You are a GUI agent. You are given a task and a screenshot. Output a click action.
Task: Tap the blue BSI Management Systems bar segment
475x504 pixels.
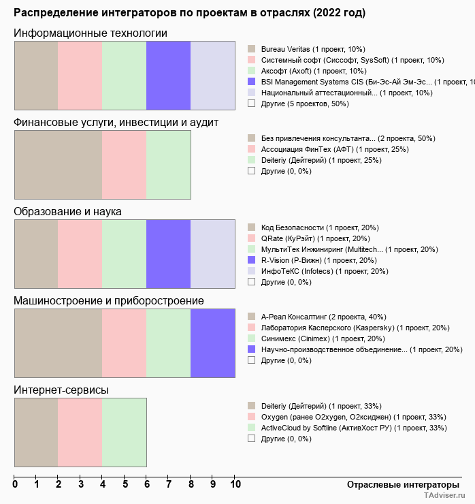(168, 76)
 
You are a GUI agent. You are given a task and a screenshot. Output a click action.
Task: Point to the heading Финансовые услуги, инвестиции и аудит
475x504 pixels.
(116, 122)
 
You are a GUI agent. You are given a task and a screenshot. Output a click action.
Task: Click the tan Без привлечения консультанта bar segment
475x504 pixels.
(58, 165)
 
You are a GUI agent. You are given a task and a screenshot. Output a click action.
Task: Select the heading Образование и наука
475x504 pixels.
(67, 211)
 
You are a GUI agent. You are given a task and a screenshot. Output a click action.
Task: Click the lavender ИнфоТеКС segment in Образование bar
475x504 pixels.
(212, 255)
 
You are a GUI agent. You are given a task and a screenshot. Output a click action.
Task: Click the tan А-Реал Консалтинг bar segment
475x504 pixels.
(58, 343)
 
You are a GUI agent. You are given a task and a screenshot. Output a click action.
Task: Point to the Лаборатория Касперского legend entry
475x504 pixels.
(355, 328)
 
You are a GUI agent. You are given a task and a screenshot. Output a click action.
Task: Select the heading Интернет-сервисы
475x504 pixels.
(61, 390)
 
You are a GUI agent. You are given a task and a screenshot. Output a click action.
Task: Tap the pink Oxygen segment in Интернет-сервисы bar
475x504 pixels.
(80, 432)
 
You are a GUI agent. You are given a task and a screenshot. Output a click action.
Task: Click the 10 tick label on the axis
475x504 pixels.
(235, 485)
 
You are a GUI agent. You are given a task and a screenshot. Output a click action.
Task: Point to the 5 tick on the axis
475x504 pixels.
(125, 485)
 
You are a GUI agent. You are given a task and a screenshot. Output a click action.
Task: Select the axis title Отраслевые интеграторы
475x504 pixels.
(399, 484)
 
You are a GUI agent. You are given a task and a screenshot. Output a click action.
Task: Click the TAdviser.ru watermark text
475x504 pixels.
(444, 497)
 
